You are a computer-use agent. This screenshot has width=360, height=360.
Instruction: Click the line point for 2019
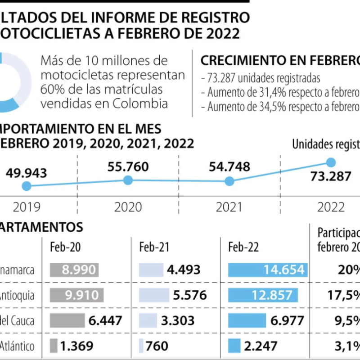(27, 186)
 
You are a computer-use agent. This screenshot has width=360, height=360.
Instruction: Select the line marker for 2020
(128, 180)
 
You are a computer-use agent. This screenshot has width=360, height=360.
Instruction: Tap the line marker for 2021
(229, 181)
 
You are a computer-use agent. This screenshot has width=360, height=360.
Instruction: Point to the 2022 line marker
(331, 162)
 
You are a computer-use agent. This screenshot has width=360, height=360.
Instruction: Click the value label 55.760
(128, 167)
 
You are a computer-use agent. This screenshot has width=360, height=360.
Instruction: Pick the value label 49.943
(27, 173)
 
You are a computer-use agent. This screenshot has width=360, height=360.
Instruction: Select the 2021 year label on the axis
(229, 207)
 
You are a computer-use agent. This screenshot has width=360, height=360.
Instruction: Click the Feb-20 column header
(66, 247)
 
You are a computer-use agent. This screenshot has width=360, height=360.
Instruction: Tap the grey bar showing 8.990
(74, 270)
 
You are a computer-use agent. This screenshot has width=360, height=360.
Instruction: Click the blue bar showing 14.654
(268, 270)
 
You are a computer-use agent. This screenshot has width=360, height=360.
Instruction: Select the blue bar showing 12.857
(263, 295)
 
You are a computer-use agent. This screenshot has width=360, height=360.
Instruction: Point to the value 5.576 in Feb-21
(190, 295)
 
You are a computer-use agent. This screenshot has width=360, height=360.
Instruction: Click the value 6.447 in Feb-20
(105, 320)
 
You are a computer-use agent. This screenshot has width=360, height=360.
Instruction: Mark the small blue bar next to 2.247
(234, 346)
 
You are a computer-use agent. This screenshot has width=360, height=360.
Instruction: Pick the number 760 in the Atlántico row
(157, 346)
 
